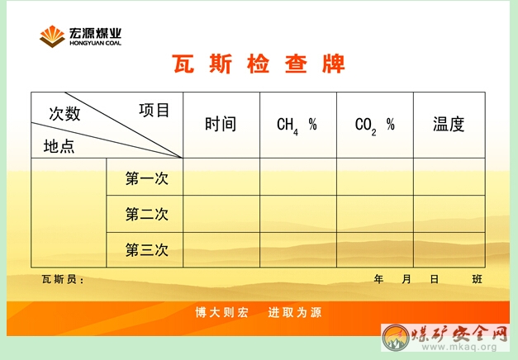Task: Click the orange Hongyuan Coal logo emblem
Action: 52,36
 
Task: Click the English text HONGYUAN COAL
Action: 96,43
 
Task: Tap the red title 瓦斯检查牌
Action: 259,64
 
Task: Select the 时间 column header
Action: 221,124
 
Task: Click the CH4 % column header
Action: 297,126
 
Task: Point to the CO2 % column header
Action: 374,126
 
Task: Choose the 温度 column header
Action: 449,124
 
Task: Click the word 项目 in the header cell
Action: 154,111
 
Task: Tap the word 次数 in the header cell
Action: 64,114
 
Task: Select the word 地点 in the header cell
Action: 59,146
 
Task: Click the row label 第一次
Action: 147,178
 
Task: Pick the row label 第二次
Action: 147,214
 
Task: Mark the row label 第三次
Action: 147,249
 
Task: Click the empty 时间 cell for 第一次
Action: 221,177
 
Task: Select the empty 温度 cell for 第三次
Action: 449,250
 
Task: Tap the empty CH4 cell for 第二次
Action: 298,214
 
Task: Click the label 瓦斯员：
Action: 63,279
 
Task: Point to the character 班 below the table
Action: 477,279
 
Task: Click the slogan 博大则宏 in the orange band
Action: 221,312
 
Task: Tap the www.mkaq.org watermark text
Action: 459,347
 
